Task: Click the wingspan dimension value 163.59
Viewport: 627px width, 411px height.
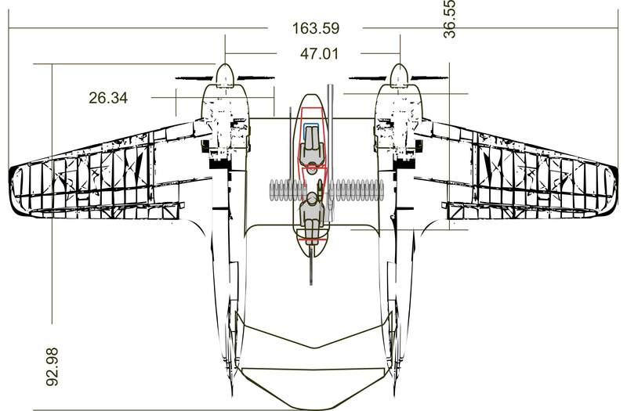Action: tap(316, 28)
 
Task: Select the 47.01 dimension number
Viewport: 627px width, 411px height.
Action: tap(319, 53)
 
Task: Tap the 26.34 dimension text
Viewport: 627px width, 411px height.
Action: tap(108, 98)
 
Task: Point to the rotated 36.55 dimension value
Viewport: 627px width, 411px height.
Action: tap(449, 19)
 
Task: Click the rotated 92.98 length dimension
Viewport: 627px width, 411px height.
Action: tap(52, 366)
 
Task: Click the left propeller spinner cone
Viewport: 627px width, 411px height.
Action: tap(225, 75)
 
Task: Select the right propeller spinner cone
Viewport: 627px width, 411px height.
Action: tap(400, 75)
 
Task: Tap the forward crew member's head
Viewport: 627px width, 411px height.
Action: tap(311, 170)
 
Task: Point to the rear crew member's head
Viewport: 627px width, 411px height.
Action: tap(312, 197)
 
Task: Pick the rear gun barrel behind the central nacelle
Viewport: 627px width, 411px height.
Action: tap(311, 265)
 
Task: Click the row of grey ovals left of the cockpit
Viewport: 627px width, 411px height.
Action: tap(287, 190)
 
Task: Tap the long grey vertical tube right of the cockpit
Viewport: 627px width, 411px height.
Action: tap(329, 153)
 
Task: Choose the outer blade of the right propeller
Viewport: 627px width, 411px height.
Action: tap(430, 78)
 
